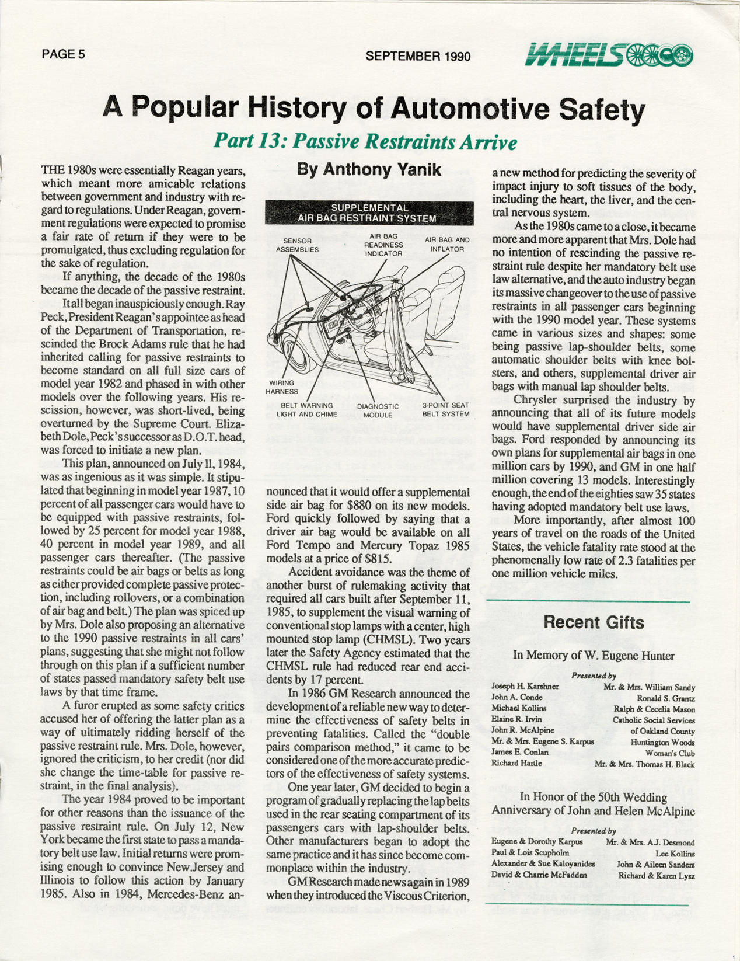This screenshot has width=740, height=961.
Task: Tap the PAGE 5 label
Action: [x=64, y=54]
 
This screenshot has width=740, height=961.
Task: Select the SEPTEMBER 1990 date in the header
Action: [x=418, y=56]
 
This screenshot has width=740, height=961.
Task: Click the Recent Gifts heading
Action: [x=594, y=622]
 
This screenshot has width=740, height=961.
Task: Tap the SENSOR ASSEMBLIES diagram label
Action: [x=297, y=245]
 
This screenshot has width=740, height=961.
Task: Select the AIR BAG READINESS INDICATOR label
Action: [x=383, y=245]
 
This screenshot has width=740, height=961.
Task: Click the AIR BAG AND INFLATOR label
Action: [x=447, y=244]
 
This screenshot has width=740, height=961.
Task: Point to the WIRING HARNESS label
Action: [x=282, y=387]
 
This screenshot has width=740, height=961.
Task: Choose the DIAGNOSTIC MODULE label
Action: [x=378, y=410]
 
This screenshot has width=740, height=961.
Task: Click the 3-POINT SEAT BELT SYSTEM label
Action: [x=446, y=409]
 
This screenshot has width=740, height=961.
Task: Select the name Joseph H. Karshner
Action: [x=517, y=687]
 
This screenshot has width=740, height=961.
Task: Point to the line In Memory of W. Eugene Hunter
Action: [x=594, y=655]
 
